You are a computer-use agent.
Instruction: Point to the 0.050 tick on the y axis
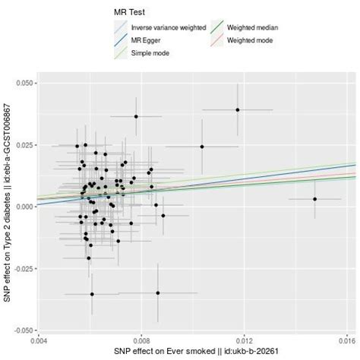(x=22, y=82)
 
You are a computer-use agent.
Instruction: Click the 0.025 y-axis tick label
(x=22, y=144)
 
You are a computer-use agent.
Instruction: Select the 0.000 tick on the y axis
(x=22, y=207)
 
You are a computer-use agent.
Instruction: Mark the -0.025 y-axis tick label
(x=21, y=269)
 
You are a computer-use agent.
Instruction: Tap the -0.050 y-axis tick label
(x=21, y=331)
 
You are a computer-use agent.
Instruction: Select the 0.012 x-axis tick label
(x=245, y=341)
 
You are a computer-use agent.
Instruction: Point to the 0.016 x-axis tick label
(x=346, y=341)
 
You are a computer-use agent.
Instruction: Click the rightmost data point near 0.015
(x=314, y=199)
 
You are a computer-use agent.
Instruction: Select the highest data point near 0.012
(x=238, y=109)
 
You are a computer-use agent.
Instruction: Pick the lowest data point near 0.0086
(x=158, y=292)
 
